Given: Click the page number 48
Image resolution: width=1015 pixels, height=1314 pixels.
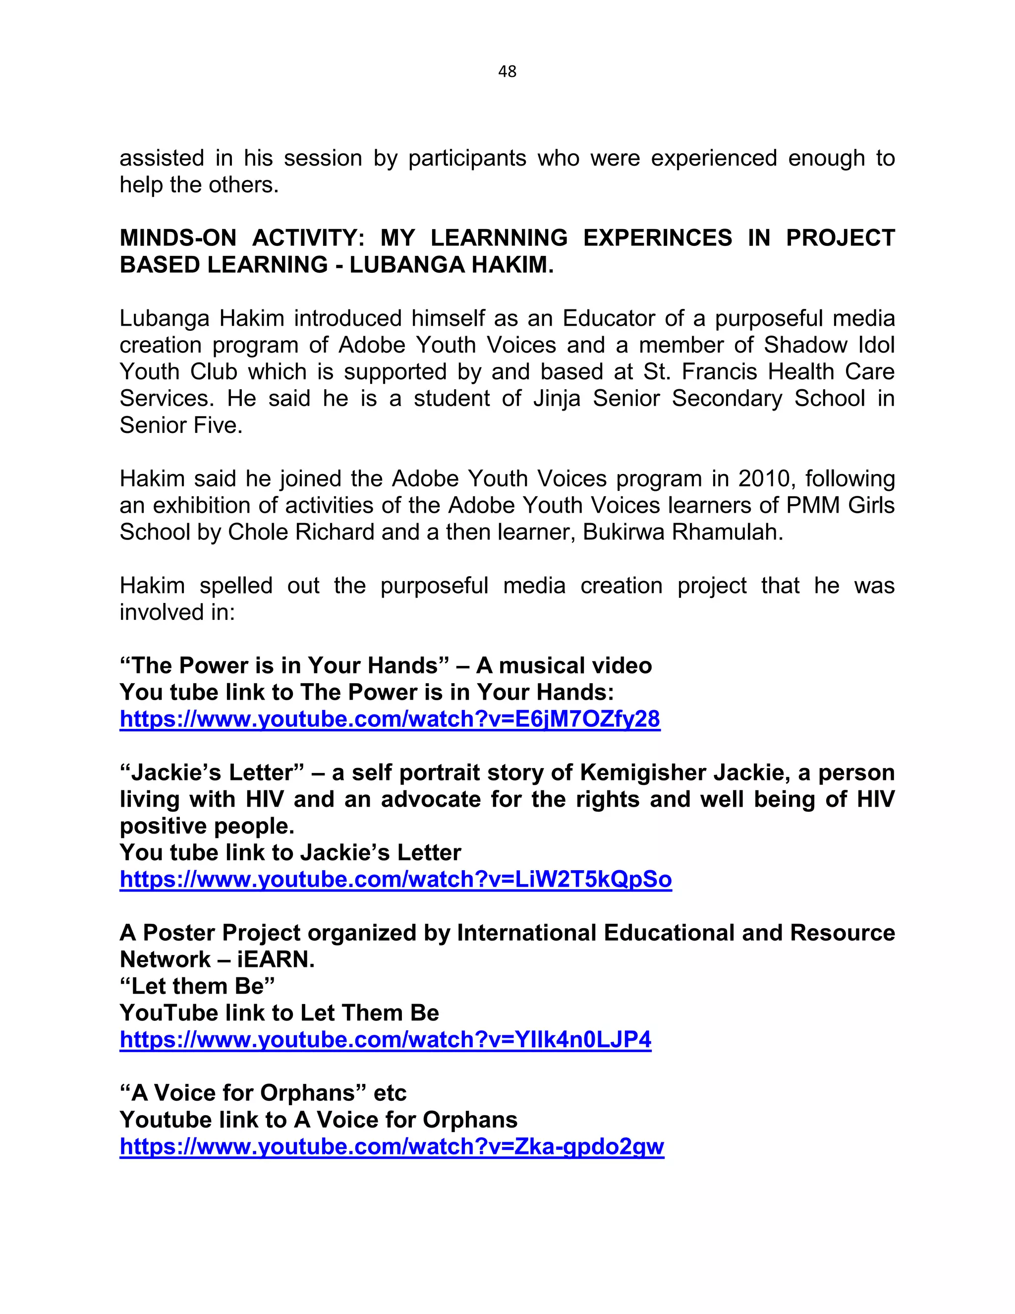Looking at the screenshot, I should point(507,71).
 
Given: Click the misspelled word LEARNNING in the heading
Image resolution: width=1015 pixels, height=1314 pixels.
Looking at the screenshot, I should point(499,238).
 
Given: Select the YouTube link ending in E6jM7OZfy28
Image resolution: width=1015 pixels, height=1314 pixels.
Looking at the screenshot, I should point(390,719).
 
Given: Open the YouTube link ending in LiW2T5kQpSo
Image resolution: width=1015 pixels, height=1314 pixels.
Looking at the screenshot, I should point(395,880).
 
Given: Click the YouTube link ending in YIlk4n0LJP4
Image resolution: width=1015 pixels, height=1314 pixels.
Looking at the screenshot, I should point(386,1040).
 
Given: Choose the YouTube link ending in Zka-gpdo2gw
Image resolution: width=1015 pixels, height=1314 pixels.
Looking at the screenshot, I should point(392,1147).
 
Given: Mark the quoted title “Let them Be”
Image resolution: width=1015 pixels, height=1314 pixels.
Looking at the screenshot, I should point(197,987).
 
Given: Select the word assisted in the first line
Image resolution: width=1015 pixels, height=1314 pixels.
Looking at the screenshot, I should point(162,158).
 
